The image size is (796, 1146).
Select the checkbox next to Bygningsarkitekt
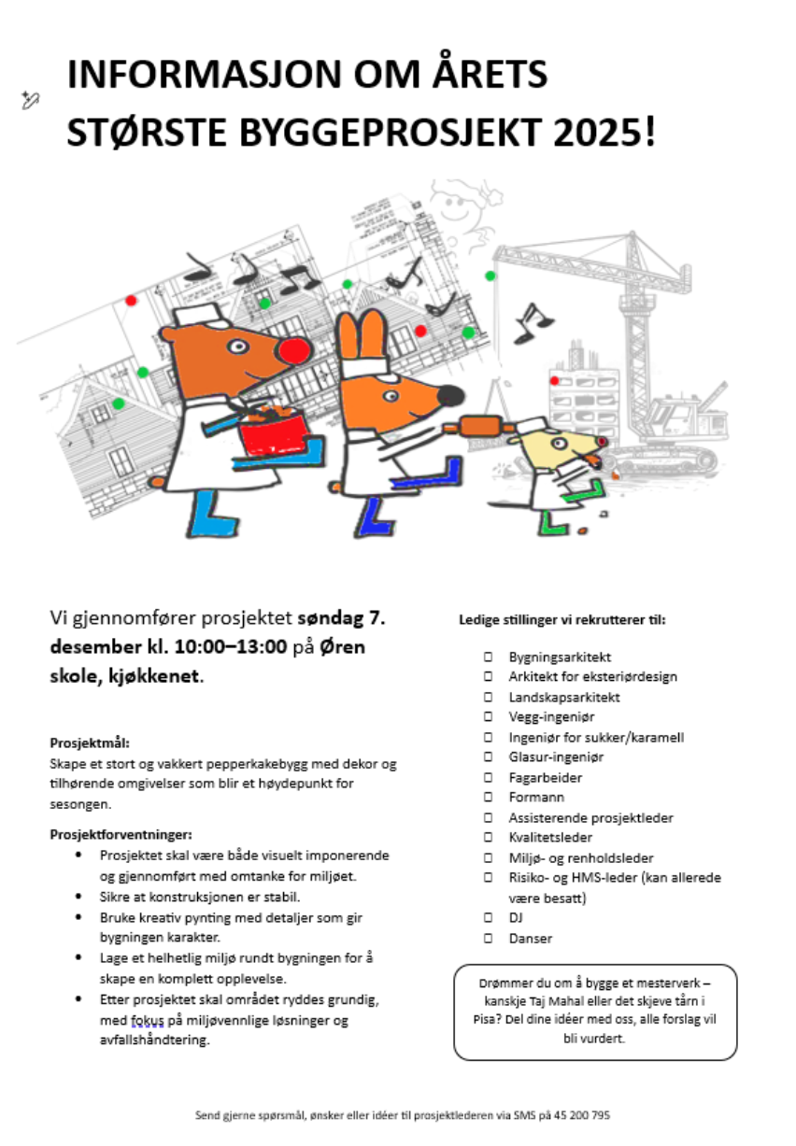click(x=489, y=658)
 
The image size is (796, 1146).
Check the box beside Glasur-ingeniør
click(x=489, y=757)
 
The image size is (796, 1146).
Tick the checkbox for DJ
click(x=489, y=918)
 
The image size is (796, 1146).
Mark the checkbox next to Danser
click(x=489, y=939)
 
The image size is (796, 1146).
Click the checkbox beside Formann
click(x=489, y=798)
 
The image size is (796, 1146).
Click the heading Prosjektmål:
click(x=90, y=743)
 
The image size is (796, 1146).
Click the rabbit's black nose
click(x=451, y=396)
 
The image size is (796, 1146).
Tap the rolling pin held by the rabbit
click(x=481, y=427)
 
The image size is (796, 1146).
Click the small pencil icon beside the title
click(x=29, y=101)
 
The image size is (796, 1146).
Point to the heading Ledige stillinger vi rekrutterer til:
click(x=562, y=619)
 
